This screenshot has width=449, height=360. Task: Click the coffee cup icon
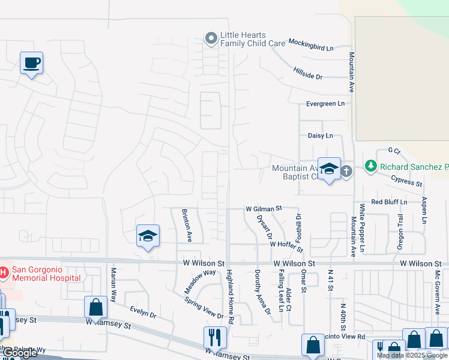(x=31, y=62)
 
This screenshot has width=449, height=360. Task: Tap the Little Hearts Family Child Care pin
(x=211, y=39)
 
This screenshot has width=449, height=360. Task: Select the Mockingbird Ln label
(x=310, y=43)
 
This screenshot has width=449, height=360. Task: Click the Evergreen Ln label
(x=325, y=104)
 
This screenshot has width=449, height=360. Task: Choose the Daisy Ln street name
(x=320, y=136)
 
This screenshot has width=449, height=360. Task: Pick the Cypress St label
(x=406, y=179)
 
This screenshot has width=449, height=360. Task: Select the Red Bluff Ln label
(x=389, y=202)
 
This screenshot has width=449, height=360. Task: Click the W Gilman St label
(x=264, y=209)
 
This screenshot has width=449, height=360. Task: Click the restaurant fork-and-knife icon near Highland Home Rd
(x=215, y=338)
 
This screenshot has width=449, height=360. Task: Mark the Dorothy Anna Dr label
(x=261, y=291)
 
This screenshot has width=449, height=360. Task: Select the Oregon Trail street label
(x=400, y=229)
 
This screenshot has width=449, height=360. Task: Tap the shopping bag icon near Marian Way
(x=96, y=307)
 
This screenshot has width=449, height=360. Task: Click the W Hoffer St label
(x=286, y=244)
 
